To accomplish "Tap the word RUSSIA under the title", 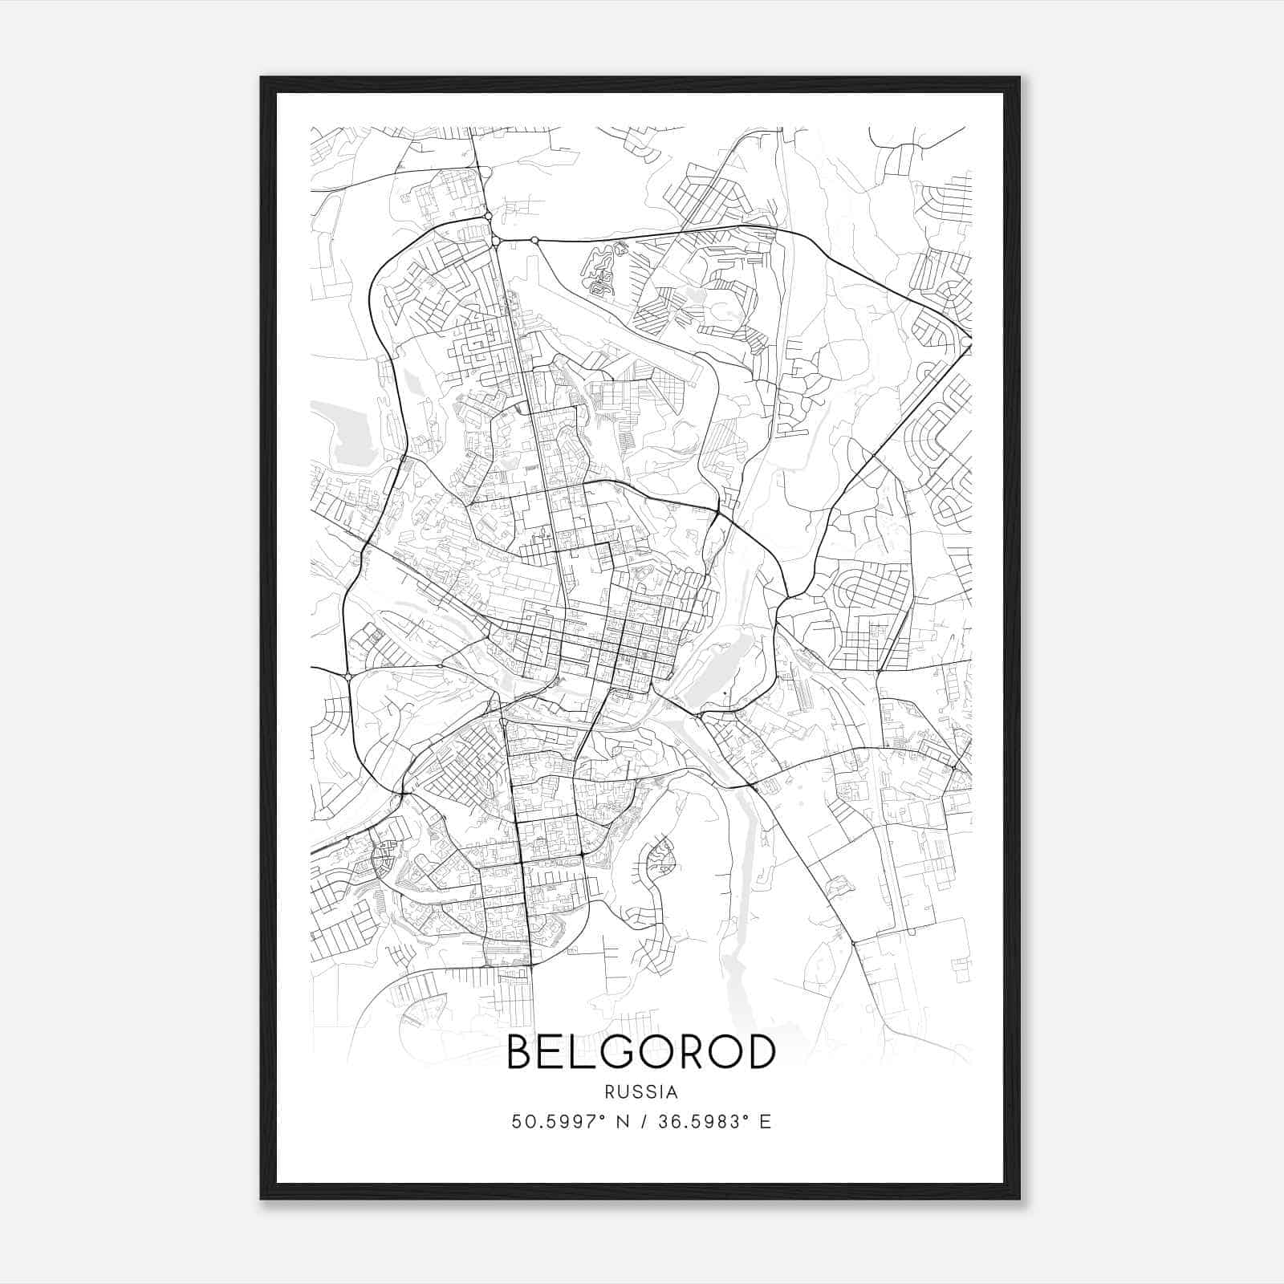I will [x=642, y=1092].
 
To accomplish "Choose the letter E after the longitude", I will [x=766, y=1122].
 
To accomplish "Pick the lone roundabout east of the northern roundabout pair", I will [x=534, y=240].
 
